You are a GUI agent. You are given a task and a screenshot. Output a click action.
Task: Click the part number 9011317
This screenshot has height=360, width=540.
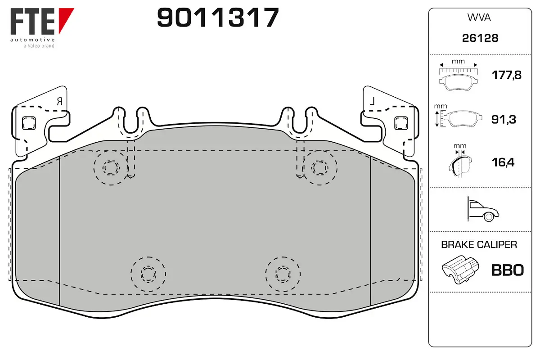(218, 18)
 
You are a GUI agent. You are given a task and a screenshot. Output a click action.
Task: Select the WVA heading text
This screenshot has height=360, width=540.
(480, 18)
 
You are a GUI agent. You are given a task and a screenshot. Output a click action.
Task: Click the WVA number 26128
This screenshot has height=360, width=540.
(480, 38)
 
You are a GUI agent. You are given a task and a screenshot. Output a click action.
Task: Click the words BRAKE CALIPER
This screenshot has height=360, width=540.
(479, 245)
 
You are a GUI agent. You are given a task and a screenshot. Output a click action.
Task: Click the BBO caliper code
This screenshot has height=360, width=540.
(508, 270)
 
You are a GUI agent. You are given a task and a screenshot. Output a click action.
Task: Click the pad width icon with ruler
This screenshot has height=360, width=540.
(458, 74)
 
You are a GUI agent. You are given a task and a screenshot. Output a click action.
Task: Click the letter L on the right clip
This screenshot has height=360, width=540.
(372, 102)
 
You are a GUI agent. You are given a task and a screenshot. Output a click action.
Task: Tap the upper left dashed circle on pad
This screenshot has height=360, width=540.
(111, 168)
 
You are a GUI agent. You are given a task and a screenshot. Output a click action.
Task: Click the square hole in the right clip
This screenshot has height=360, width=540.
(400, 122)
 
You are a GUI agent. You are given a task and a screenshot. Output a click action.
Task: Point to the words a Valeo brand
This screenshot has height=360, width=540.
(39, 45)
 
